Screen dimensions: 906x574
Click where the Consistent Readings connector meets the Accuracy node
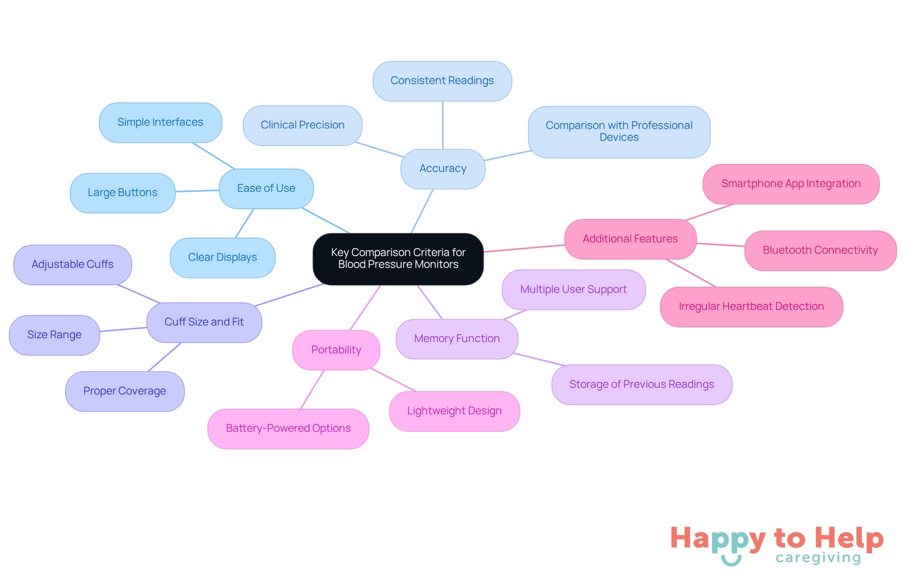[443, 149]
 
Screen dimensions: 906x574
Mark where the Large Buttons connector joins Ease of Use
[219, 190]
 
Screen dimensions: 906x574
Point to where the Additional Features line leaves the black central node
[483, 252]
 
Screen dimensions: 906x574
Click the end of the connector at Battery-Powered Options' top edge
[301, 409]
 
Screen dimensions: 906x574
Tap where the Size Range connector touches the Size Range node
[100, 331]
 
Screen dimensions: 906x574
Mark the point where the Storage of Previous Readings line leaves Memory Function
[513, 353]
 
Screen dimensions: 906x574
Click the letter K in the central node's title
[334, 253]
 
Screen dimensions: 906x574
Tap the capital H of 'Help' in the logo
[826, 538]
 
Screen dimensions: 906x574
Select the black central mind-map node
[398, 259]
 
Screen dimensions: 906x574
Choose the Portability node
[336, 350]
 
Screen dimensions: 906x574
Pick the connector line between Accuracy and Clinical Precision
[379, 149]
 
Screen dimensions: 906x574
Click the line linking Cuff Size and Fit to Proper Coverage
[165, 357]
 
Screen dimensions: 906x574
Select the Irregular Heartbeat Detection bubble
[751, 307]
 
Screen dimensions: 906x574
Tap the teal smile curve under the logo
[731, 560]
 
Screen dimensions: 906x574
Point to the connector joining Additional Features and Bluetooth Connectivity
[721, 245]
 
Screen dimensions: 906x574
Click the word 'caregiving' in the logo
[818, 558]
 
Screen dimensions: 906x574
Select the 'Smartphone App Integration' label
[791, 184]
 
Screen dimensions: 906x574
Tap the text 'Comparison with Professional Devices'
[619, 131]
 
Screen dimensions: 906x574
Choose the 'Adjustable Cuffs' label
[73, 265]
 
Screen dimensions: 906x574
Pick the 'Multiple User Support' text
[573, 290]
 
